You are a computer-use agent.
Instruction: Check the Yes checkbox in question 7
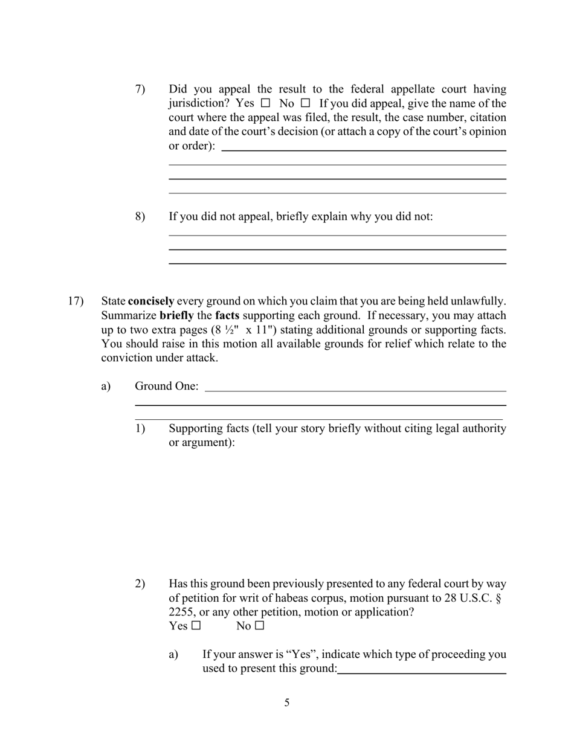265,103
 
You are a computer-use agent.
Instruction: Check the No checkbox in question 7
305,103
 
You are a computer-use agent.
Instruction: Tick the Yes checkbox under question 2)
196,626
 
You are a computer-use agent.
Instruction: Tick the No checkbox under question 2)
260,626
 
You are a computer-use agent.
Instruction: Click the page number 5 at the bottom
287,703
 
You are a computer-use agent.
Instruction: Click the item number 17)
76,301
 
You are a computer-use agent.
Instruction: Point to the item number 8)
140,216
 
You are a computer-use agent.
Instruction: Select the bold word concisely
151,301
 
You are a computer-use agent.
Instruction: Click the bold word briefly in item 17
176,315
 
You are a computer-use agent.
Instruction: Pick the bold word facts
227,315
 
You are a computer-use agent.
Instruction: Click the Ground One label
167,386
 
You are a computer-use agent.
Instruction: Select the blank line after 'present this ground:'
422,673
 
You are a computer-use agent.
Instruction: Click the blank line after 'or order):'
364,150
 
